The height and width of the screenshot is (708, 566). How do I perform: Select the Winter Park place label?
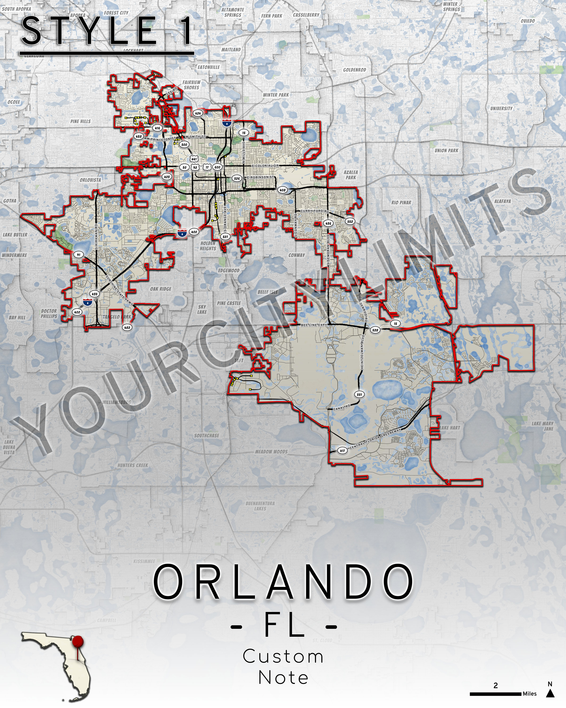(x=276, y=95)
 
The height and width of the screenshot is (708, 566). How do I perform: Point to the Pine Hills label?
(x=80, y=121)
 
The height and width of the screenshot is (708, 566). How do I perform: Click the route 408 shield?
(x=282, y=190)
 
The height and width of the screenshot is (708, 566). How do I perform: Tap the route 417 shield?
(x=342, y=451)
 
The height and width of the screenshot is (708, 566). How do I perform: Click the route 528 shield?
(x=375, y=330)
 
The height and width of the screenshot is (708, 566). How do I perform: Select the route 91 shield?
(x=79, y=254)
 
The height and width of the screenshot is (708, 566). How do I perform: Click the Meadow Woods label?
(x=271, y=451)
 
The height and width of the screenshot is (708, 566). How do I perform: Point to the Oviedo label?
(x=528, y=21)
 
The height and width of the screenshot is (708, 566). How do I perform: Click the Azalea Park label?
(x=351, y=175)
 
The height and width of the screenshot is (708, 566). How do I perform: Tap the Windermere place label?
(x=14, y=255)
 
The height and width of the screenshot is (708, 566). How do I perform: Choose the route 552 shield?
(x=350, y=221)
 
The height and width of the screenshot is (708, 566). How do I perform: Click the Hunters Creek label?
(x=133, y=465)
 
